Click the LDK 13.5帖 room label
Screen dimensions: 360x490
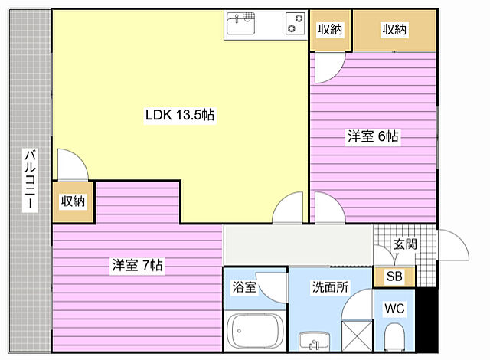point(179,115)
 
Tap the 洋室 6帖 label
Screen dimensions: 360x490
point(373,136)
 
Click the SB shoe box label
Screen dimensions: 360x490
point(394,277)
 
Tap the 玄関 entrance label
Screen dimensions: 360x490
point(404,245)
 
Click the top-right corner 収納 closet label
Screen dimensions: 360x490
point(394,30)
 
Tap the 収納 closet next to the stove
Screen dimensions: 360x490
point(329,30)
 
